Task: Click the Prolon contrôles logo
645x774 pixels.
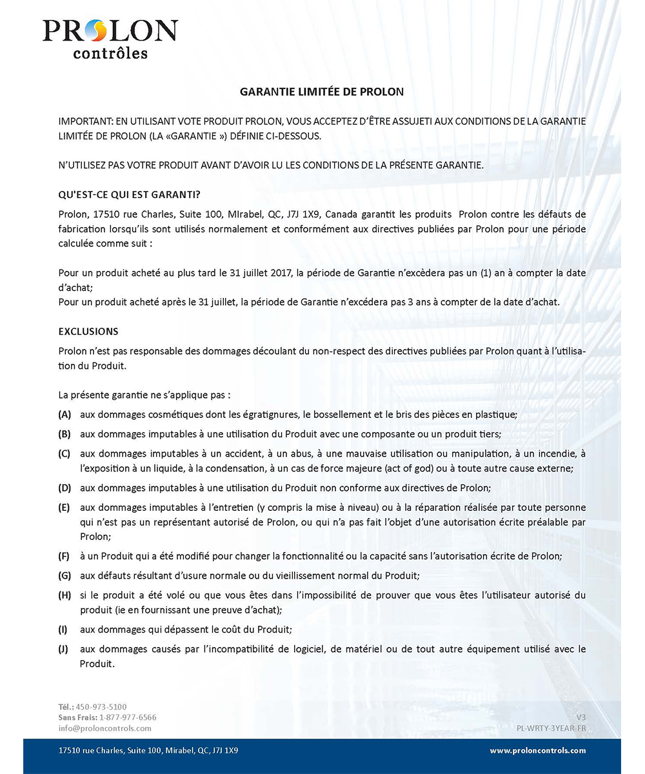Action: pyautogui.click(x=110, y=39)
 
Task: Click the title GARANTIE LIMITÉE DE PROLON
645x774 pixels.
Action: pyautogui.click(x=322, y=92)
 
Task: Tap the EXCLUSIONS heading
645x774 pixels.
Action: pyautogui.click(x=88, y=331)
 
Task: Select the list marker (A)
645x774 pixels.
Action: pyautogui.click(x=64, y=413)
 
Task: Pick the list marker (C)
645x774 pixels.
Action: pyautogui.click(x=64, y=453)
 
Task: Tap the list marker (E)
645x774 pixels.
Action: pyautogui.click(x=64, y=508)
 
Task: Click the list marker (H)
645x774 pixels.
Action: pyautogui.click(x=64, y=595)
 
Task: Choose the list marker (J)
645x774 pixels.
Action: pyautogui.click(x=63, y=649)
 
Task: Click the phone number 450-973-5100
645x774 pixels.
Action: pyautogui.click(x=101, y=707)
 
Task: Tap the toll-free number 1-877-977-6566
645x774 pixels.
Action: pyautogui.click(x=128, y=717)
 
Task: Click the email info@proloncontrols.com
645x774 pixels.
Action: pyautogui.click(x=104, y=728)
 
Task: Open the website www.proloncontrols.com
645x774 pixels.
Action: pyautogui.click(x=538, y=751)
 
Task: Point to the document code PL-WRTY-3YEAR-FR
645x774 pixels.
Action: pyautogui.click(x=551, y=728)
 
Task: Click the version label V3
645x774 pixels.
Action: pyautogui.click(x=580, y=717)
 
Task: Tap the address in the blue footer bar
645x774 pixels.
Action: pyautogui.click(x=148, y=751)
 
